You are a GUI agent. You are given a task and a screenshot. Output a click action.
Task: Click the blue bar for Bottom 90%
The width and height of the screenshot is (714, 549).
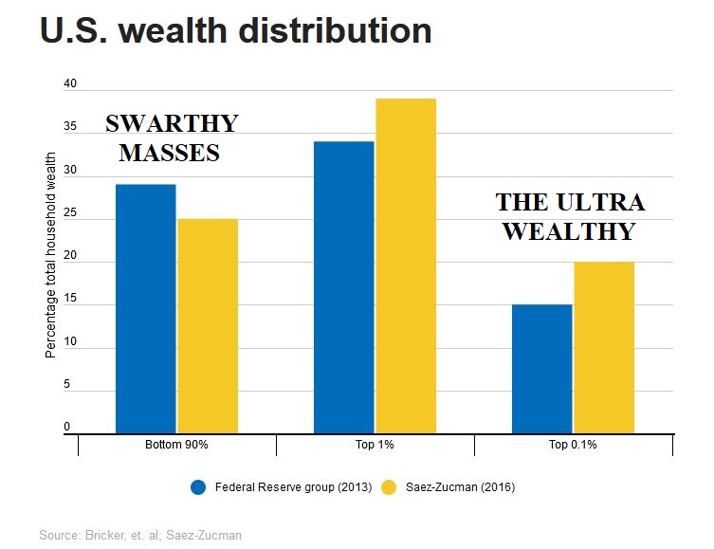click(145, 308)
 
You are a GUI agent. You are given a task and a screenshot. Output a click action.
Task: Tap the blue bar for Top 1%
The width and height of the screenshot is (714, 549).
click(343, 286)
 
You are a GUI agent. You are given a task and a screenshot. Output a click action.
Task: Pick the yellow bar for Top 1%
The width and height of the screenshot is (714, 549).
click(406, 265)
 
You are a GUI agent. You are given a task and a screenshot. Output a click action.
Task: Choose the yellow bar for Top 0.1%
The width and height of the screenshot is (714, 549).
click(604, 347)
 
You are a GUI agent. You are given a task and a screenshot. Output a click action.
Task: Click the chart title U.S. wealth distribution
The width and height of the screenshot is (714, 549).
click(236, 31)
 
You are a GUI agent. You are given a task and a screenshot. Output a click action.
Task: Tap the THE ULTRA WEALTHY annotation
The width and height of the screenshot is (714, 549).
click(569, 216)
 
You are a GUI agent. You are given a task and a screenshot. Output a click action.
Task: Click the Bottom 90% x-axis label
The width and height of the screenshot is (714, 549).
click(176, 445)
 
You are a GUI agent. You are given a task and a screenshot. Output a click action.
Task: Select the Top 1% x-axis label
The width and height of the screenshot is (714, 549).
click(375, 445)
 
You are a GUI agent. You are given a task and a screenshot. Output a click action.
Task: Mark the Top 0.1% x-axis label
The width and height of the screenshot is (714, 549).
click(573, 445)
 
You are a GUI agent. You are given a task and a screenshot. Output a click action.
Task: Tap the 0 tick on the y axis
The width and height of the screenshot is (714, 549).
click(67, 428)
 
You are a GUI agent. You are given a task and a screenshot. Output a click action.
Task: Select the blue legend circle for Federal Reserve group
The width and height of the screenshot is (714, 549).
click(198, 487)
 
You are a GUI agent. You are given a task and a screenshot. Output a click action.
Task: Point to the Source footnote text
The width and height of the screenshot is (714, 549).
click(140, 536)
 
